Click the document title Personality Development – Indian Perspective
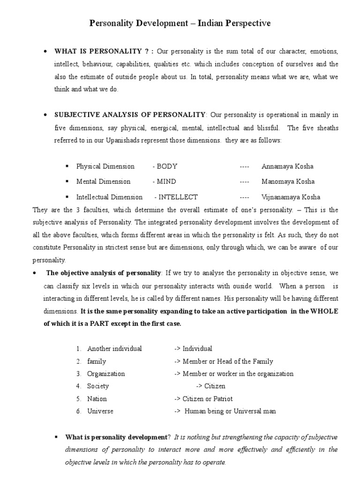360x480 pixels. tap(180, 23)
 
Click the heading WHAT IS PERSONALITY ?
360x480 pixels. tap(104, 51)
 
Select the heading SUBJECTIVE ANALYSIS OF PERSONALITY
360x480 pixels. tap(130, 115)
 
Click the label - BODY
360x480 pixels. tap(165, 166)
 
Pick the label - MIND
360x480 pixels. tap(164, 181)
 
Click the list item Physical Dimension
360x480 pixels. tap(105, 166)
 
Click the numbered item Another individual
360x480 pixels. tap(114, 349)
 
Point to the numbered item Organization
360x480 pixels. tap(106, 374)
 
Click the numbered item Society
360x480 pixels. tap(98, 386)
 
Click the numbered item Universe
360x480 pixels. tap(100, 412)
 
